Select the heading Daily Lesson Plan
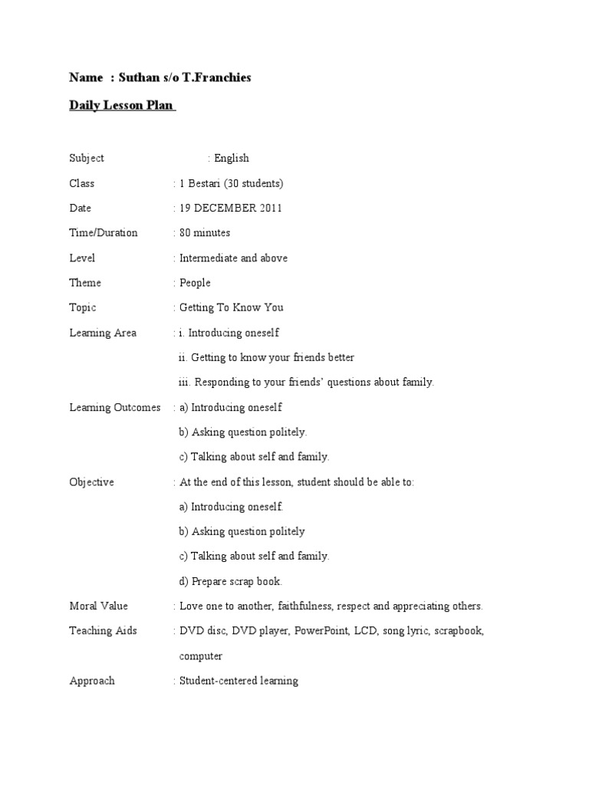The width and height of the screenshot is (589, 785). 122,106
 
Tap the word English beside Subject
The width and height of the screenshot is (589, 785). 232,159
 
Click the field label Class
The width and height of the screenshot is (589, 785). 81,183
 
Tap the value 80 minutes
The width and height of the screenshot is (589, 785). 205,233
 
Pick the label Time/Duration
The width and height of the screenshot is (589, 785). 104,233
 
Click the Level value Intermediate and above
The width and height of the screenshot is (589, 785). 233,258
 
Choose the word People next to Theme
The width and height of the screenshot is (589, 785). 195,283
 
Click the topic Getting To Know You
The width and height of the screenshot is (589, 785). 231,307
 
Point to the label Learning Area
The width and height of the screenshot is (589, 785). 103,333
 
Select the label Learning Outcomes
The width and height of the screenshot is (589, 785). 115,407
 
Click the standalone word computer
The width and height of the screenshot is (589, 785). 201,656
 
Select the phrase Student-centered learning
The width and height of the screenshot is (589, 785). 239,681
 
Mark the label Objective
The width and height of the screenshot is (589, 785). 91,482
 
